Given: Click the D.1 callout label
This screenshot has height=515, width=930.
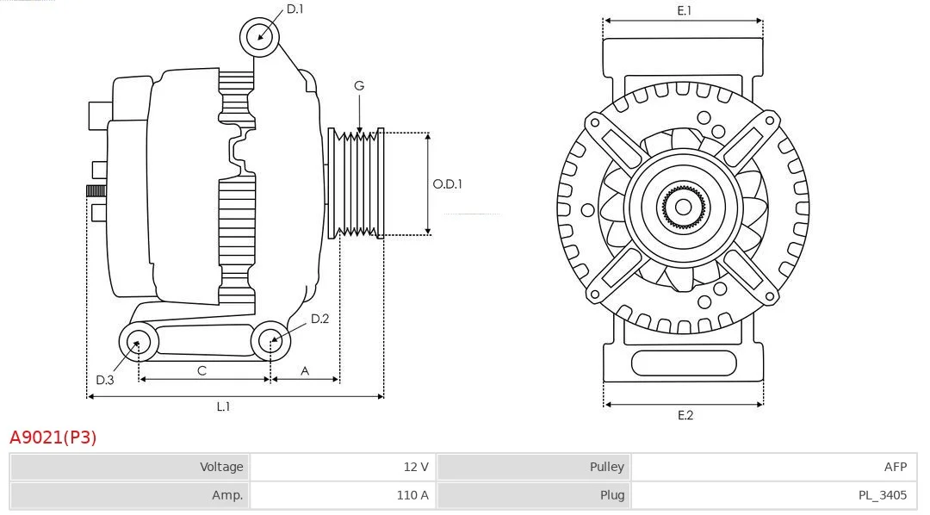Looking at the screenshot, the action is pos(294,9).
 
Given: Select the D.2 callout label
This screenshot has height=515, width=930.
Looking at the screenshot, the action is pos(319,319).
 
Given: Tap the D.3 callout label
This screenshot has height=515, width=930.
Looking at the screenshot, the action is pos(104,380).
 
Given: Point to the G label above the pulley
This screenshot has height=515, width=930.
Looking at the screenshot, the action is pos(359,86).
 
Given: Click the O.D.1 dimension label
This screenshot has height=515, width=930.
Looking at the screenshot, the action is pos(447,184).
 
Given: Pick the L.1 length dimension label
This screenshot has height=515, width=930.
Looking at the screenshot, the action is pos(223,406).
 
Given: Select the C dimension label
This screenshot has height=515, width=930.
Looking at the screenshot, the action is pos(201,371).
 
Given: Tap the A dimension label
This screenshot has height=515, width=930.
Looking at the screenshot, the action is pos(305,371).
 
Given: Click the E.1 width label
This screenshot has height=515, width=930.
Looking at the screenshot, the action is pos(684,10).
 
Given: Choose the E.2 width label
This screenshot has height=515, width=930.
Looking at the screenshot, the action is pos(685,415).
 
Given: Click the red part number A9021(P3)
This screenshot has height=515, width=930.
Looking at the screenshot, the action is pos(53,437).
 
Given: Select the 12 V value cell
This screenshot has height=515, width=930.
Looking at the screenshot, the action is pos(416,467).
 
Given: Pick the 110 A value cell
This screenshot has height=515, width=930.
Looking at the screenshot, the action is pos(412,495).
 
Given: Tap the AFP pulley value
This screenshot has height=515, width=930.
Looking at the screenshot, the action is pos(896,467).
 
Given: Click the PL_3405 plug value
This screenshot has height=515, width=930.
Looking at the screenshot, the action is pos(883,495).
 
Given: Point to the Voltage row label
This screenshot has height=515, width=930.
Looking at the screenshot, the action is pos(221,467).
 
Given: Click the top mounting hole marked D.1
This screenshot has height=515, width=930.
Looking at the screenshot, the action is pos(260,37).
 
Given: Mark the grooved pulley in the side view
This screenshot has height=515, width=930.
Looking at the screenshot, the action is pos(356,183).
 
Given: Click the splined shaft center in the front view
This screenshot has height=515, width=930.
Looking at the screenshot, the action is pos(683,207).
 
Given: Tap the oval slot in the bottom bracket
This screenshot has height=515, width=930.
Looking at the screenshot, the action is pos(684,363).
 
